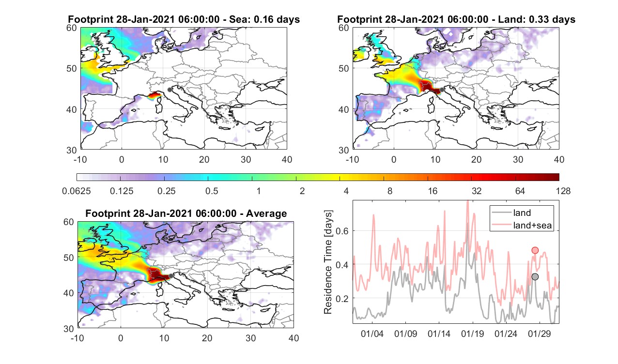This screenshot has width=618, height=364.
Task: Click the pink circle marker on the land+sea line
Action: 535,250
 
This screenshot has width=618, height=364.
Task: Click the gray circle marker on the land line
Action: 535,276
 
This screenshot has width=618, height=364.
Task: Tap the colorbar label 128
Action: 563,191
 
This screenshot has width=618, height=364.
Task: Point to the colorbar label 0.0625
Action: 77,191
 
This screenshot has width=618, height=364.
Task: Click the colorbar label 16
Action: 433,191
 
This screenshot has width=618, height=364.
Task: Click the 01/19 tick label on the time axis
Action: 473,334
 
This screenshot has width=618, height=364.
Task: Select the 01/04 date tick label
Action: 372,334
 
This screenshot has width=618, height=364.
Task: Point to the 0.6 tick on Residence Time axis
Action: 342,231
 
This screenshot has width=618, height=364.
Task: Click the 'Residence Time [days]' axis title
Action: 328,262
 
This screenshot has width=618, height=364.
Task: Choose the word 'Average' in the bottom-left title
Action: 266,213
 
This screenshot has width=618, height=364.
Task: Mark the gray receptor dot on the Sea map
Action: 170,90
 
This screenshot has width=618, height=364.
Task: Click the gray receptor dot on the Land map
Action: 442,90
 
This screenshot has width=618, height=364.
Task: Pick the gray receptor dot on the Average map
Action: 171,276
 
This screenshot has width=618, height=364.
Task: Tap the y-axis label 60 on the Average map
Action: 69,222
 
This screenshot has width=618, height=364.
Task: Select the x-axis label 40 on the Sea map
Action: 287,159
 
